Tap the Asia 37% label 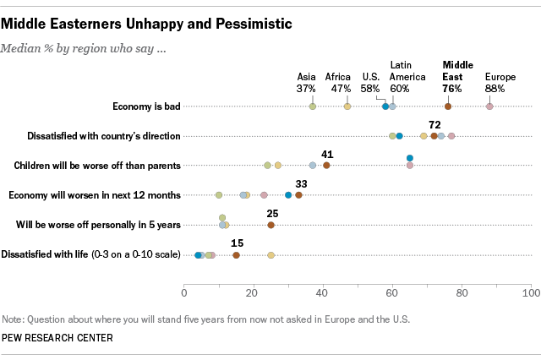click(x=306, y=82)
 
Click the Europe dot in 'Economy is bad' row click(x=489, y=106)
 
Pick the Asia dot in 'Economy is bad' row click(x=313, y=106)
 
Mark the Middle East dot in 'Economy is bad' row click(x=448, y=106)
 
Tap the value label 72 click(x=435, y=123)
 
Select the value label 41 click(x=326, y=153)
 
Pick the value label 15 click(x=237, y=243)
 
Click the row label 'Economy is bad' click(x=146, y=106)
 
